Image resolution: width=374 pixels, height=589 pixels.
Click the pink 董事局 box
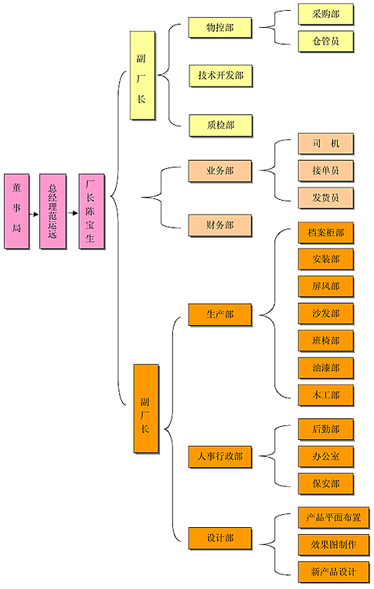coord(16,211)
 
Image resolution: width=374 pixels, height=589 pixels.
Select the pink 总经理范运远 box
coord(53,211)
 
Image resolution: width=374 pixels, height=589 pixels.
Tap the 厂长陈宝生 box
coord(91,211)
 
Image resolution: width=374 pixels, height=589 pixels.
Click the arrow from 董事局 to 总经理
coord(34,215)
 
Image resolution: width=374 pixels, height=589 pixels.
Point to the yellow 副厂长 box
coord(142,76)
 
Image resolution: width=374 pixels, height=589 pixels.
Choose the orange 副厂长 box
coord(146,408)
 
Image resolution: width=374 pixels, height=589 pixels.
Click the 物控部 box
coord(220,28)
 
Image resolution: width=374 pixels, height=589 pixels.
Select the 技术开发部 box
coord(221,76)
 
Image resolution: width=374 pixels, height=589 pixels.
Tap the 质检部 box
coord(221,126)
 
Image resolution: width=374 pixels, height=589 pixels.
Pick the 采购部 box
coord(326,14)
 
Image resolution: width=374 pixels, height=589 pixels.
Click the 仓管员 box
coord(326,42)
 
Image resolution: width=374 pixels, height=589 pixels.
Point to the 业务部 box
coord(220,171)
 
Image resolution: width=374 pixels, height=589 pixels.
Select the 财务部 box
coord(220,225)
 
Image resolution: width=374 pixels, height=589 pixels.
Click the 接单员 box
coord(326,171)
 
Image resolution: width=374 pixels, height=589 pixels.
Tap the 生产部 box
coord(220,314)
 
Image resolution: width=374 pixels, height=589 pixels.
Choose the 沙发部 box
coord(326,313)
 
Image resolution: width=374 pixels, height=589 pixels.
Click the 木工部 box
coord(326,395)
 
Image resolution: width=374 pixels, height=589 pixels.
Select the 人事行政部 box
coord(220,457)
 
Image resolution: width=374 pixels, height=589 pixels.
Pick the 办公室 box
coord(326,457)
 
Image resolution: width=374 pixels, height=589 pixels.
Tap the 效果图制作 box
coord(334,545)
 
